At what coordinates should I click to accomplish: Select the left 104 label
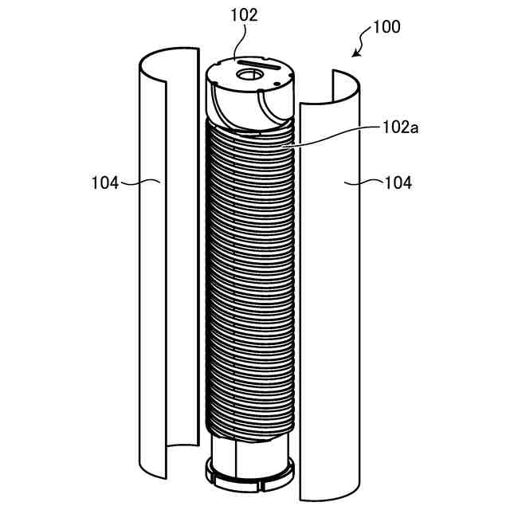(105, 182)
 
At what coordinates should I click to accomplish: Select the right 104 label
(398, 182)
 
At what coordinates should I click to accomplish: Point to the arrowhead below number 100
(356, 55)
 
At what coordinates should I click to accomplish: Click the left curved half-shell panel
(151, 263)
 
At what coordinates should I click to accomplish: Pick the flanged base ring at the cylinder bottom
(249, 474)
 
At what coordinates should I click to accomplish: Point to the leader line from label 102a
(335, 135)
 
